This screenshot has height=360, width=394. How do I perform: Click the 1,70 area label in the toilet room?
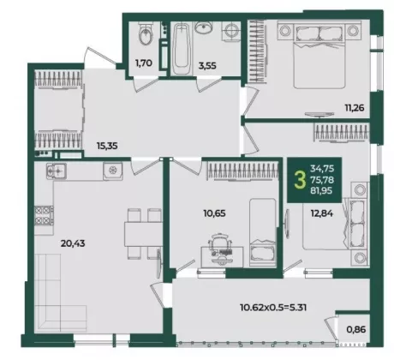pos(144,63)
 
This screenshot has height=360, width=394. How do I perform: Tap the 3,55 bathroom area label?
pos(207,66)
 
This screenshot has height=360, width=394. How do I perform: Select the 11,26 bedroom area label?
pos(355,108)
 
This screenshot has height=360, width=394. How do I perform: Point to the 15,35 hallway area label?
pos(107,146)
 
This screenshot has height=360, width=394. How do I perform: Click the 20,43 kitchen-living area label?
pos(73,243)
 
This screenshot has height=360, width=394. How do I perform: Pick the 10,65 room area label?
pos(214,213)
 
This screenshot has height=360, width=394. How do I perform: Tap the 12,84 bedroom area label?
pos(322,213)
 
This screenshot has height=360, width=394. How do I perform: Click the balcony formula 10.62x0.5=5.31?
pos(273,308)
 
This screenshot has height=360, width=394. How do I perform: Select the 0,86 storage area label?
pos(356,329)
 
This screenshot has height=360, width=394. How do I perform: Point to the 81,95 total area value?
pos(322,191)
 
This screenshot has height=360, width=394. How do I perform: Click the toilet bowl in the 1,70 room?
pos(146,34)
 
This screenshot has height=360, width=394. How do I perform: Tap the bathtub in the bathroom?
pos(182,49)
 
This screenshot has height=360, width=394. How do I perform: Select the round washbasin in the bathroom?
pos(203,27)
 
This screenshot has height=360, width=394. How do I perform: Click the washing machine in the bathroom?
pos(231,30)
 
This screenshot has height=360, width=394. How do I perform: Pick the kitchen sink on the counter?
pos(113,171)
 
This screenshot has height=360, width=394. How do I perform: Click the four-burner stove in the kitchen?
pos(44,215)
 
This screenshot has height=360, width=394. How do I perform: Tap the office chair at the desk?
pos(219,242)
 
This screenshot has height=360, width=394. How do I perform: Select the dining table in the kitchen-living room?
pos(143,234)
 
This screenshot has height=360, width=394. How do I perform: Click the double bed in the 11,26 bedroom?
pos(319,56)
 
